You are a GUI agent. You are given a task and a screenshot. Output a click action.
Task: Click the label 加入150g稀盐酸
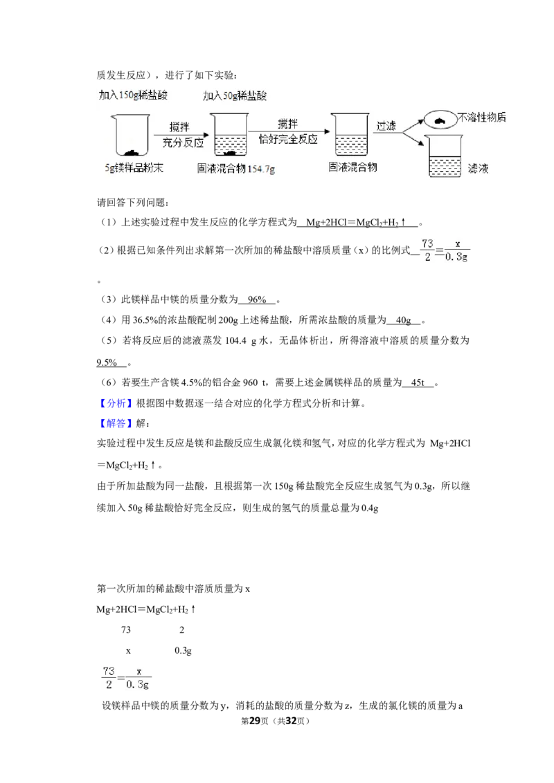(133, 95)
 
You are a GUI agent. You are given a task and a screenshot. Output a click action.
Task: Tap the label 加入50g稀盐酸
(235, 96)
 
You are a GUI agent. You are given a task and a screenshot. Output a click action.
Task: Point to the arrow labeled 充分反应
(181, 134)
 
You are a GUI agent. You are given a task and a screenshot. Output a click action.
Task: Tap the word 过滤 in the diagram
(386, 125)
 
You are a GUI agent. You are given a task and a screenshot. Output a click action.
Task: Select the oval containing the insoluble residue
(440, 120)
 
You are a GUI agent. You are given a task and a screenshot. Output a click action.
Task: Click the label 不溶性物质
(482, 118)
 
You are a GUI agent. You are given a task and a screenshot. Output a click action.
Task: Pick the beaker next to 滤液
(445, 156)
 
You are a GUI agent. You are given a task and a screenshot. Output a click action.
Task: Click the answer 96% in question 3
(257, 300)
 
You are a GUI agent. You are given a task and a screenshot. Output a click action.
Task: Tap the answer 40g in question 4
(404, 320)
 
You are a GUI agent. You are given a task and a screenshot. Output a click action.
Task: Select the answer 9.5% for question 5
(107, 362)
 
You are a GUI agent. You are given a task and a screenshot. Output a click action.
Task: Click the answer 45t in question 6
(418, 383)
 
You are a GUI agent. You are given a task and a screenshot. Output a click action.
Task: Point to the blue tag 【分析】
(116, 403)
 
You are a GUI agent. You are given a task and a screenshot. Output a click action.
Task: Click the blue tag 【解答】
(116, 423)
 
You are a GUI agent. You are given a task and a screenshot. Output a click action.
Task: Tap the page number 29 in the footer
(255, 721)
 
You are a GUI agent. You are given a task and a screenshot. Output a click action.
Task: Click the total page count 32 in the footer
(291, 721)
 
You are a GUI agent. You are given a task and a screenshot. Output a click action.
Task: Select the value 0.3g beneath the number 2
(183, 651)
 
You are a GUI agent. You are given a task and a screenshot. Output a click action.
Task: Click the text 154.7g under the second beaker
(262, 169)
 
